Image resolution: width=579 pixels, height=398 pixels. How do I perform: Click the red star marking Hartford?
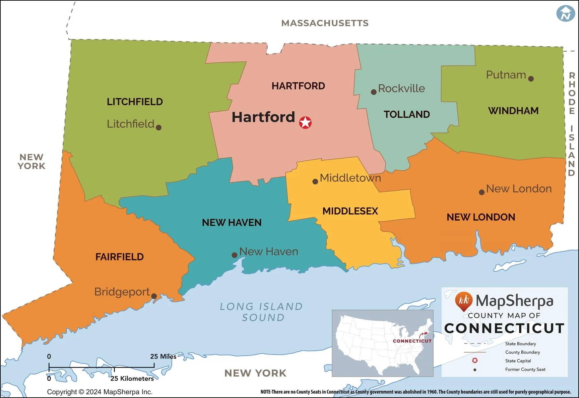tap(305, 122)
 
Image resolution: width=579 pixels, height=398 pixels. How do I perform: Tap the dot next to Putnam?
tap(531, 79)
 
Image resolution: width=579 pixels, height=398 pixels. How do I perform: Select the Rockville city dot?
tap(374, 92)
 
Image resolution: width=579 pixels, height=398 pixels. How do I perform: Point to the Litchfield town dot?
tap(159, 127)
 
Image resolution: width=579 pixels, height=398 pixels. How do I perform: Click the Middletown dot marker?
tap(315, 182)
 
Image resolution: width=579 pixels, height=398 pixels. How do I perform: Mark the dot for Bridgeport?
tap(154, 296)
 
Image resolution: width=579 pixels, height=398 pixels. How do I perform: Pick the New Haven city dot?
tap(235, 255)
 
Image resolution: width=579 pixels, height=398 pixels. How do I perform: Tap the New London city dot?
tap(481, 192)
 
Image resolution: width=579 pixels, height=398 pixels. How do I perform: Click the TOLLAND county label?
tap(407, 114)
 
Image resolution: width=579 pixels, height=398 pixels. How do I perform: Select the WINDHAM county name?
tap(513, 111)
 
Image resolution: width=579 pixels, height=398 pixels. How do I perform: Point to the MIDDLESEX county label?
tap(350, 211)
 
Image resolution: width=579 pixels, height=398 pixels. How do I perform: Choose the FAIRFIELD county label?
tap(120, 257)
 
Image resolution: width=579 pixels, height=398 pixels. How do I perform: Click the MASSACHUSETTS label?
tap(325, 23)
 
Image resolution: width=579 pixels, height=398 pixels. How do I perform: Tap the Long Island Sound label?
tap(262, 312)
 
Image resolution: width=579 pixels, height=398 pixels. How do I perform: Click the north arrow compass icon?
tap(566, 13)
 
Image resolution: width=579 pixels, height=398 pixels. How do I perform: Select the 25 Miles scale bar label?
tap(163, 356)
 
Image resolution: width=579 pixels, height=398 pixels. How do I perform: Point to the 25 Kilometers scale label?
tap(132, 379)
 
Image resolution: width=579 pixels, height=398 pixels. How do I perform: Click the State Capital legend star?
tap(475, 360)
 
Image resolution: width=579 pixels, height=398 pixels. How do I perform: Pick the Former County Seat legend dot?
tap(475, 370)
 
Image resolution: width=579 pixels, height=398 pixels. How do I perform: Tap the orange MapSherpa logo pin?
tap(464, 300)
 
